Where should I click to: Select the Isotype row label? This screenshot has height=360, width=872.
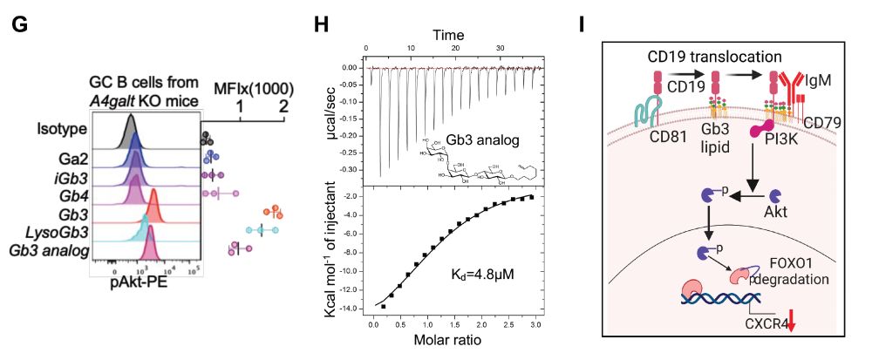pos(60,131)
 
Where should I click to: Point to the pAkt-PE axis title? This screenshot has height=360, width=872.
pos(140,282)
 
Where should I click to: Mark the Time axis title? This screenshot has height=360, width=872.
pos(453,34)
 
